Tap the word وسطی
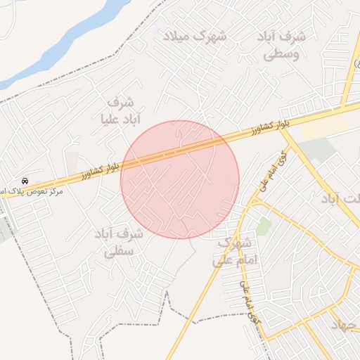click(x=285, y=53)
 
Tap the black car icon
click(x=25, y=180)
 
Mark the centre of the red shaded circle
click(x=180, y=179)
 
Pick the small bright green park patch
click(x=264, y=226)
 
